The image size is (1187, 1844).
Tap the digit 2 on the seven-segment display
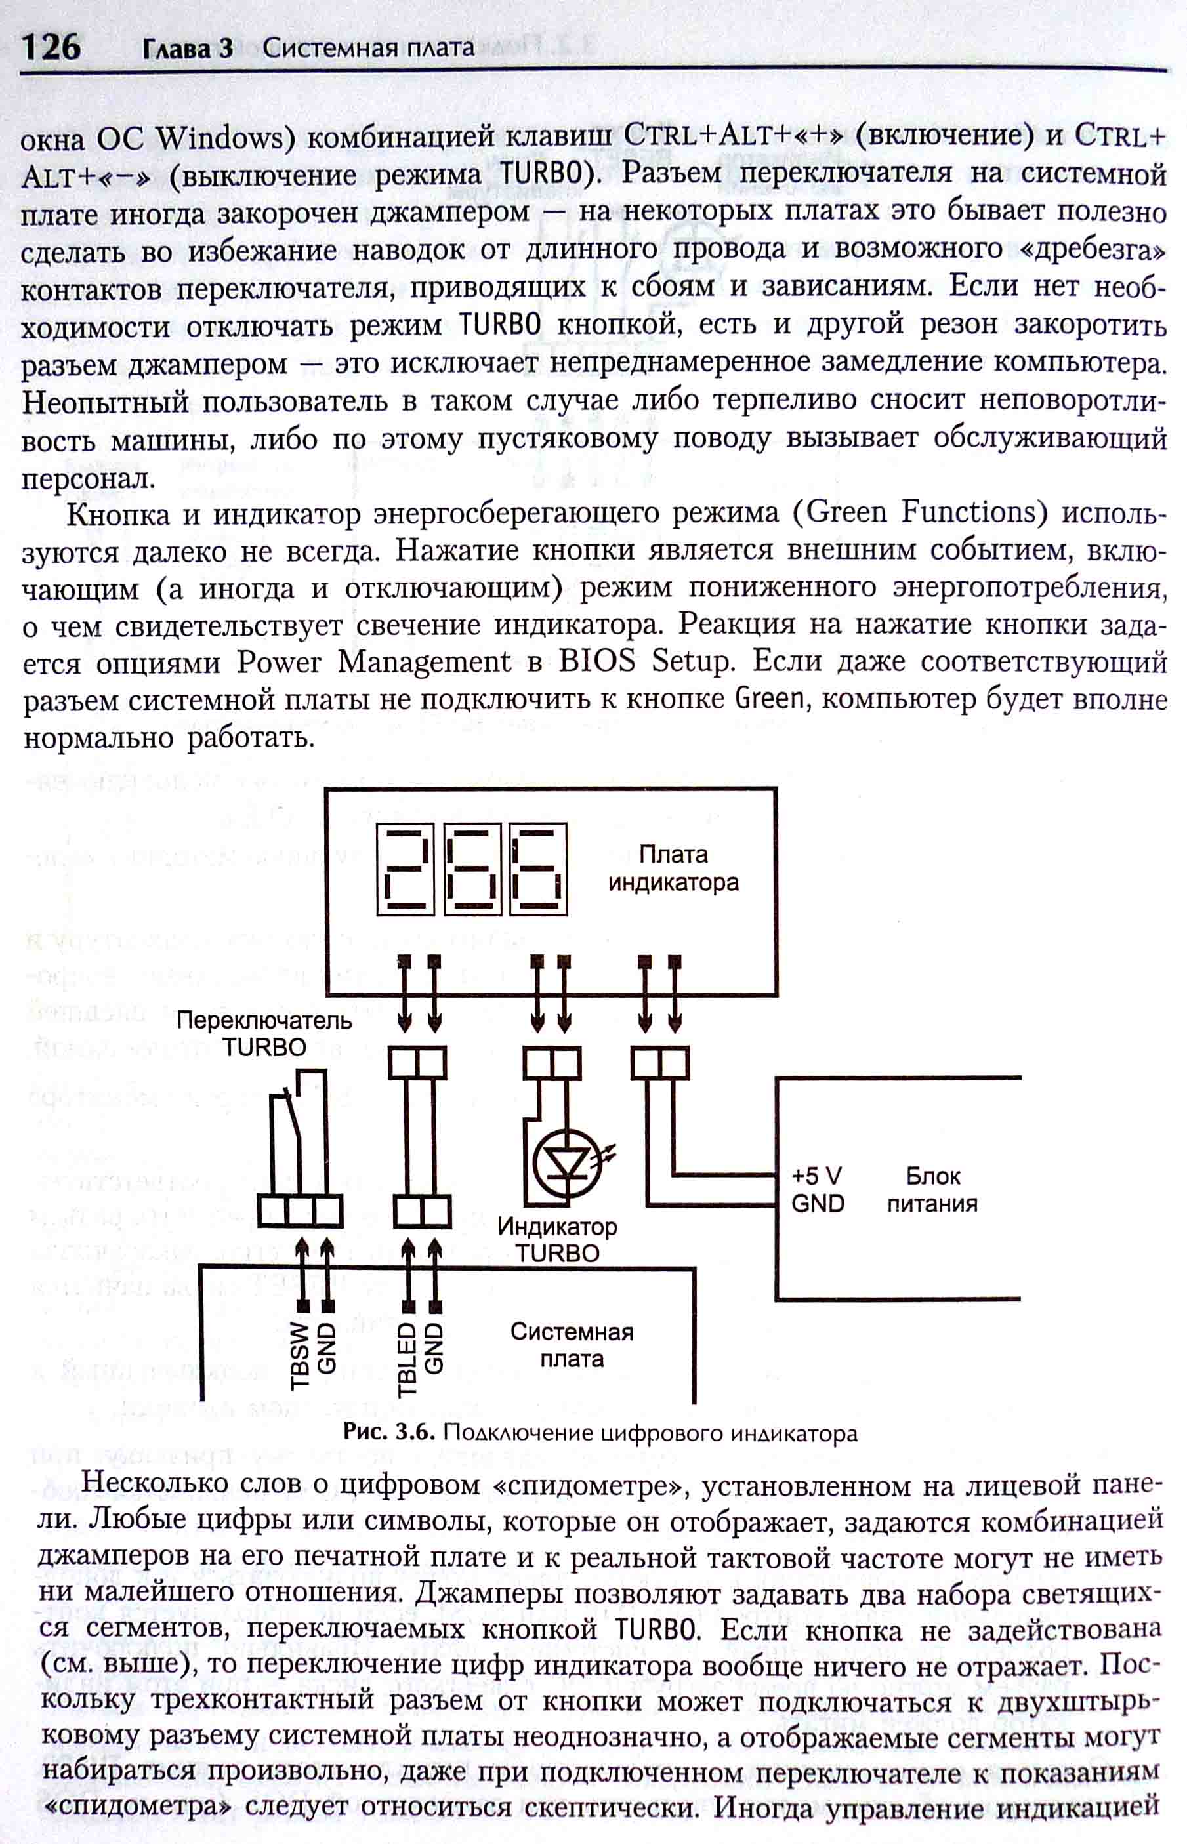point(405,869)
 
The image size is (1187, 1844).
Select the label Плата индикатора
point(673,869)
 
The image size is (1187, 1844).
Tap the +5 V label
point(816,1176)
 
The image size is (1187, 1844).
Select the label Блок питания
point(932,1190)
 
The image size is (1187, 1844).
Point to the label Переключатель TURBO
point(264,1033)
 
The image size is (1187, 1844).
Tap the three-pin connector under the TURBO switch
point(299,1210)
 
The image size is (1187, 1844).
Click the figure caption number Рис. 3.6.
point(390,1433)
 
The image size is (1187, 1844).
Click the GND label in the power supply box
point(817,1203)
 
